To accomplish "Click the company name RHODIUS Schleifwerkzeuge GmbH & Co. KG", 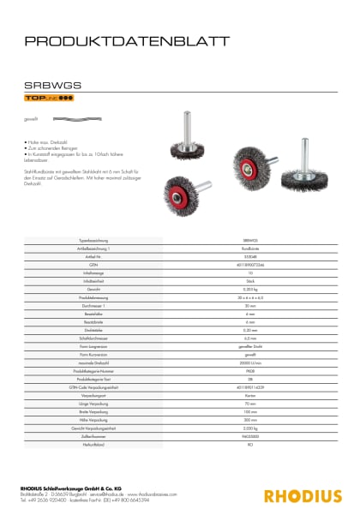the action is [x=75, y=488].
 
